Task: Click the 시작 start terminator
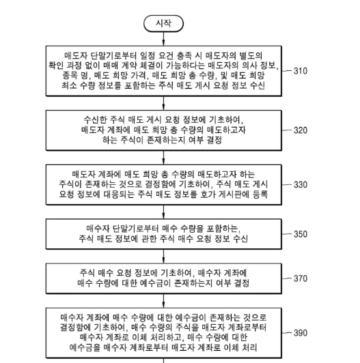tap(164, 25)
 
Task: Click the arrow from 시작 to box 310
tap(164, 38)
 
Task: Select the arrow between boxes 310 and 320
tap(164, 100)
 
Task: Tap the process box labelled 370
tap(164, 278)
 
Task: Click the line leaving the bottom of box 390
tap(164, 359)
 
